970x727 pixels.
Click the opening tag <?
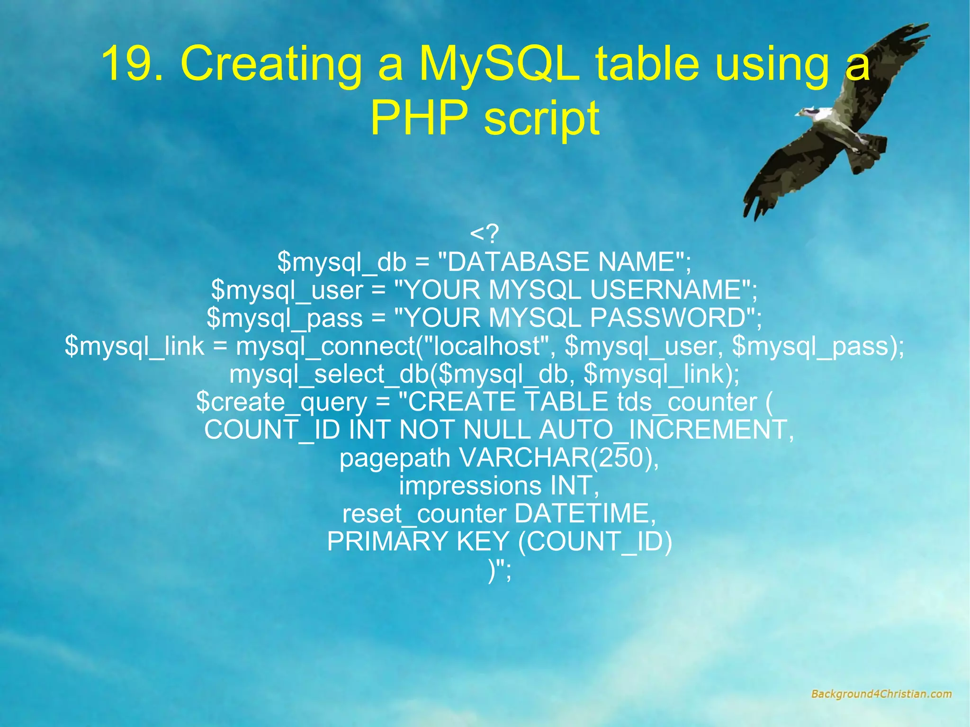(485, 233)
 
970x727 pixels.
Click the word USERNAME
(665, 290)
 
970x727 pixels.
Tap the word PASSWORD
(668, 318)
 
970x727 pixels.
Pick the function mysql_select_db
(329, 374)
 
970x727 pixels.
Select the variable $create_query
(282, 402)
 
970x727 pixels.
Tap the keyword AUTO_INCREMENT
(663, 430)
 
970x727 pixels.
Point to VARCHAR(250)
(558, 458)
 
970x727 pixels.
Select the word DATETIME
(585, 514)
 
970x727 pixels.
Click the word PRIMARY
(387, 542)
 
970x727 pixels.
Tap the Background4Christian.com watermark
(881, 694)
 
